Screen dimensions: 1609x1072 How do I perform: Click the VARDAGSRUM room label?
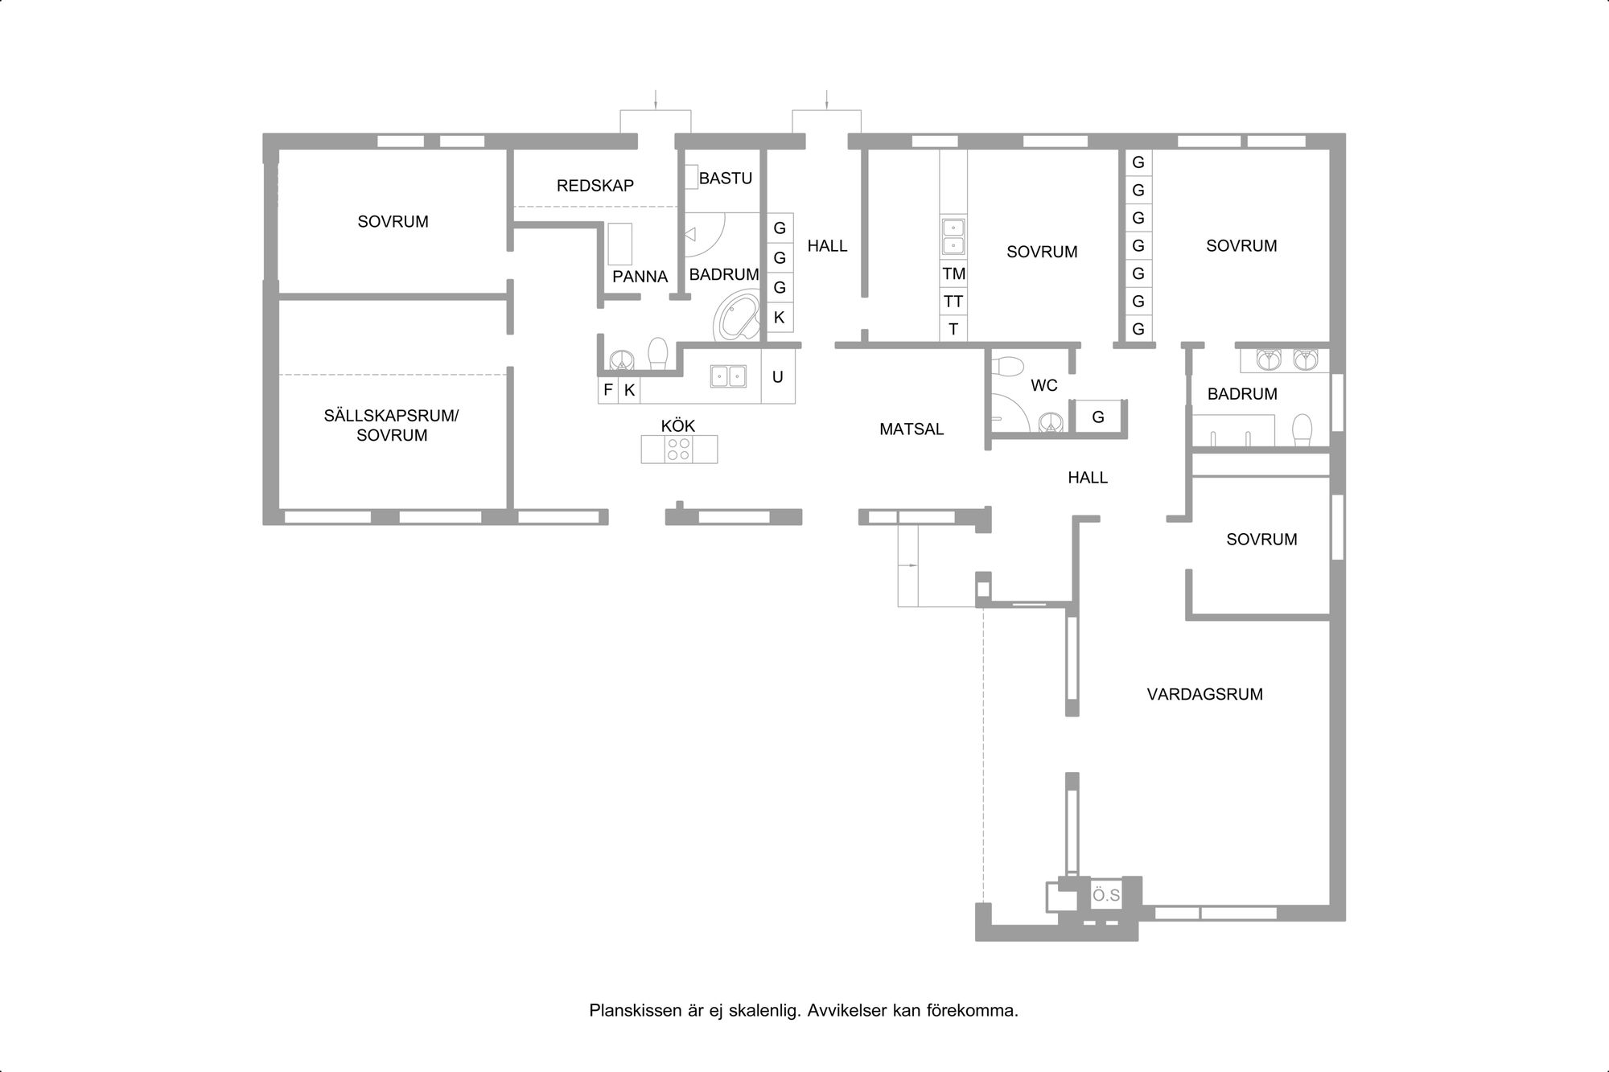(x=1204, y=694)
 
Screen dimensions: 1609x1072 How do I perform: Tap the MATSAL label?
(x=911, y=429)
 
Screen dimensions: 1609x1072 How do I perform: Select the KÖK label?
(x=678, y=425)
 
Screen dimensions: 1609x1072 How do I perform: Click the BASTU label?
(x=726, y=179)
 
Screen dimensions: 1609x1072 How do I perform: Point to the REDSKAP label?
(x=595, y=186)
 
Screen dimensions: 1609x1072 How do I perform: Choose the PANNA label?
(x=640, y=277)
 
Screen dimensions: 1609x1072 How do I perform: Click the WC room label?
(x=1044, y=386)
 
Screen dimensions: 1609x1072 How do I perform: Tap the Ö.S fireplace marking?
(x=1106, y=895)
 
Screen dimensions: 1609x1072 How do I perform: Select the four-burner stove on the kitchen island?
(x=679, y=449)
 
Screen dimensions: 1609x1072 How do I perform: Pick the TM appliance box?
(x=954, y=273)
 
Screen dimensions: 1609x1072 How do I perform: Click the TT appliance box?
(x=954, y=302)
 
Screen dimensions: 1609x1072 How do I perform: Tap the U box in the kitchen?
(x=778, y=376)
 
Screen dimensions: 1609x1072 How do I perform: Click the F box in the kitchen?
(x=608, y=390)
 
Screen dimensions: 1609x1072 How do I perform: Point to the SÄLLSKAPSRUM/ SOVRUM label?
(x=392, y=425)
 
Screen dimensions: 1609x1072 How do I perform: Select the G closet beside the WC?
(x=1098, y=417)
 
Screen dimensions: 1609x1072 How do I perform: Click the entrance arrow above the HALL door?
(x=827, y=100)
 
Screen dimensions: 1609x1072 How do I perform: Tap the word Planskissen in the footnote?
(x=632, y=1011)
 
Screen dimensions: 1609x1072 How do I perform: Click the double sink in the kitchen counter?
(x=728, y=376)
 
